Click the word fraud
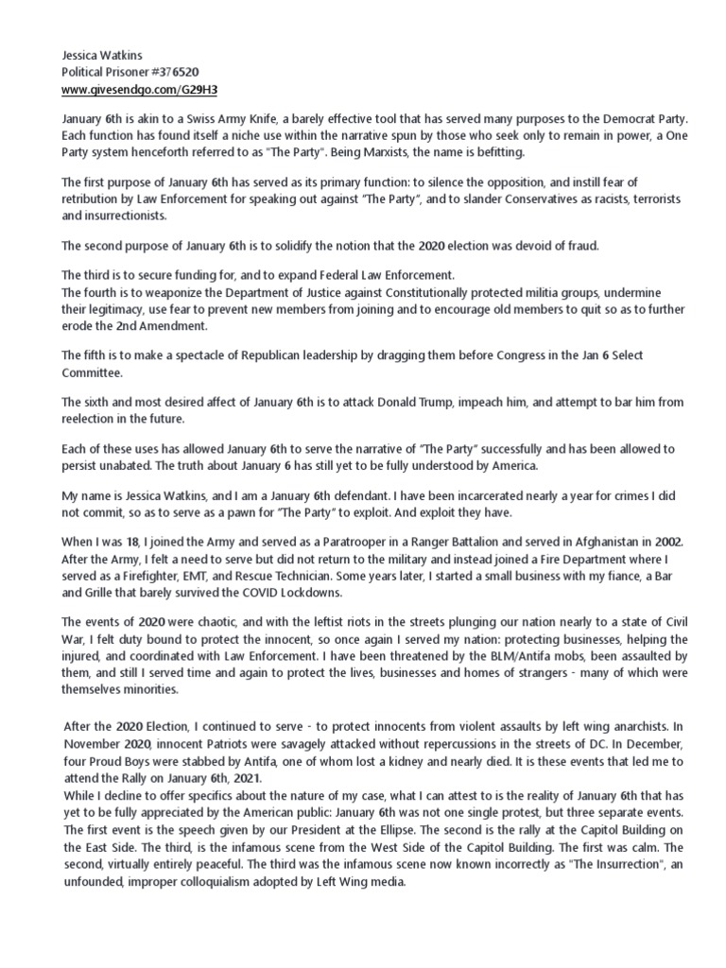592,246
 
